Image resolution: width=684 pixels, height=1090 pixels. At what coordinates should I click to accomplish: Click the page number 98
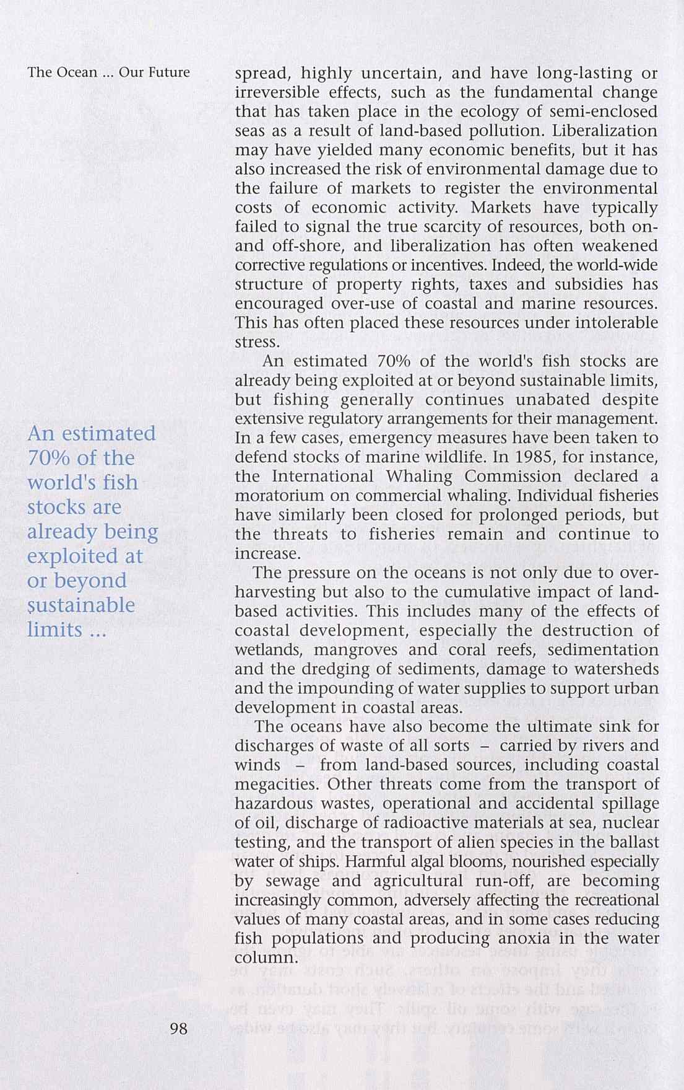pyautogui.click(x=178, y=1029)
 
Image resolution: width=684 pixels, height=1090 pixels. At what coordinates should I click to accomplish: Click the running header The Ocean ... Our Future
pyautogui.click(x=109, y=73)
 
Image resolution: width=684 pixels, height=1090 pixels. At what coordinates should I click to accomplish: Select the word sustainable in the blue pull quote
pyautogui.click(x=81, y=605)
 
